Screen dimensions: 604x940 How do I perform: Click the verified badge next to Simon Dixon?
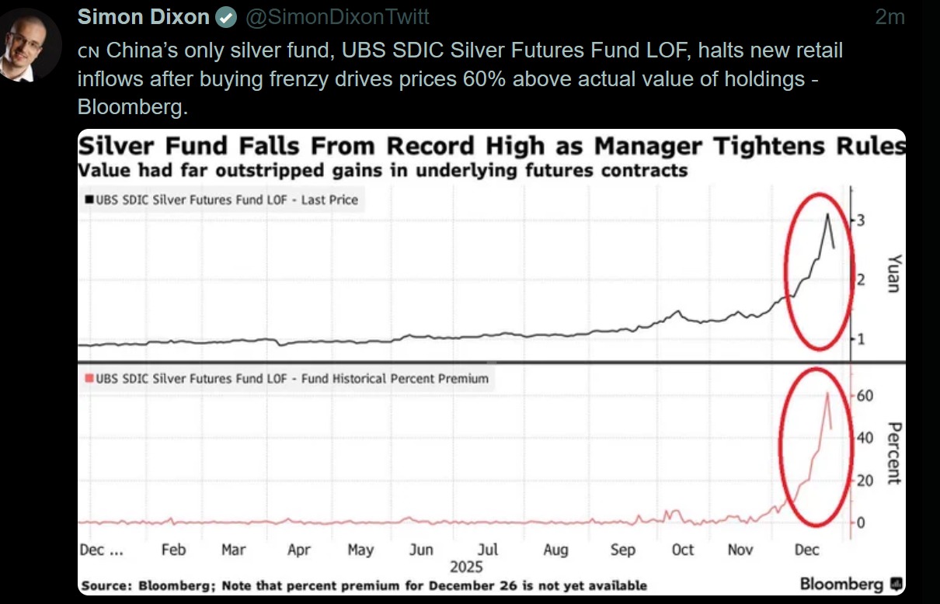(226, 17)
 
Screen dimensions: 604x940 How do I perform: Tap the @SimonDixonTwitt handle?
(337, 17)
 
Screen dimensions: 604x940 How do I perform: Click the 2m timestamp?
(890, 17)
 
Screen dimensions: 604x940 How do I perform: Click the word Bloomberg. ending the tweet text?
(133, 107)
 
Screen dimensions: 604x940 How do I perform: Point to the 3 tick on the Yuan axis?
(860, 221)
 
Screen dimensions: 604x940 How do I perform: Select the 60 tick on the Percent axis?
(865, 396)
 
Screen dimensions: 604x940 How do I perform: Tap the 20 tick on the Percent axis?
(865, 481)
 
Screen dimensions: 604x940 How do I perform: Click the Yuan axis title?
(893, 273)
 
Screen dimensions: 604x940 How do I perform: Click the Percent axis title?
(893, 453)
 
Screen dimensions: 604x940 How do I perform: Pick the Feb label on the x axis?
(173, 550)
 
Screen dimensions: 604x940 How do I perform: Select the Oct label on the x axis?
(682, 550)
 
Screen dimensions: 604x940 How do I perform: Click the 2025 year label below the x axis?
(466, 567)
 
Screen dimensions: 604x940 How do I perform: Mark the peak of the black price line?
(827, 213)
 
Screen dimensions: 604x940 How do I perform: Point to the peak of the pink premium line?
(827, 393)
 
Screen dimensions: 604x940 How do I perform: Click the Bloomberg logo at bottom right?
(851, 584)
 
